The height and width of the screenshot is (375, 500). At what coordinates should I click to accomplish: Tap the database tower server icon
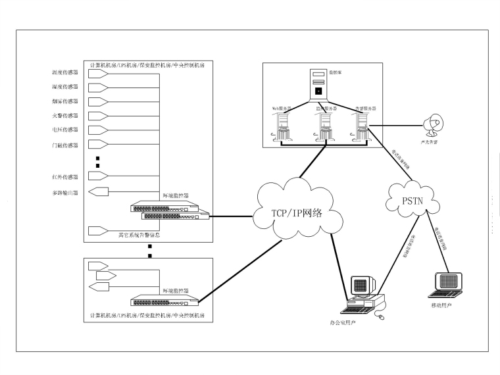click(318, 84)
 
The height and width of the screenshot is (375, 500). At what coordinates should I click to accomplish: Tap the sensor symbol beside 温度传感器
click(98, 74)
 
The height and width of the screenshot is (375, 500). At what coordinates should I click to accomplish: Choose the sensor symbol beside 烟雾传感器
click(98, 102)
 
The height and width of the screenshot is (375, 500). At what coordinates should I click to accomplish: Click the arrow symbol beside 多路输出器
click(98, 192)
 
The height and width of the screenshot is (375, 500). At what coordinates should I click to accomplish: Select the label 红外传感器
click(65, 177)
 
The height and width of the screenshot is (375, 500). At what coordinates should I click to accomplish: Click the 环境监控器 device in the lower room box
click(164, 301)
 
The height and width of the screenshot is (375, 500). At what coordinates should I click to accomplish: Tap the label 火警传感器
click(65, 116)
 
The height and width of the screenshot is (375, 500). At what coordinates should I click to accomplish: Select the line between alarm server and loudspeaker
click(395, 124)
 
